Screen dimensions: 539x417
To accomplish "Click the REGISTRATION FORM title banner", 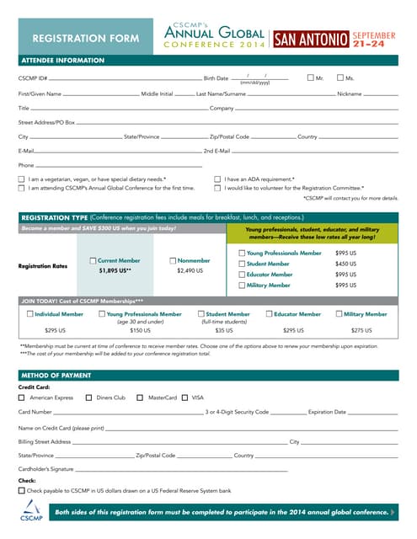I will coord(85,38).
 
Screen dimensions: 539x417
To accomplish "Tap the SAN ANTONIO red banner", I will coord(311,39).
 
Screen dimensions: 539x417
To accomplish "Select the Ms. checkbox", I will coord(339,77).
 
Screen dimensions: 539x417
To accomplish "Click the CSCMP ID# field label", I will coord(33,78).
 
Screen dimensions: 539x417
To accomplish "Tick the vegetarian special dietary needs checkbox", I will coord(22,179).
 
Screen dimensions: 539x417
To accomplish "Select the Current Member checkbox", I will coord(93,261).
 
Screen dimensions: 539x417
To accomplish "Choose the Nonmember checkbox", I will coord(172,261).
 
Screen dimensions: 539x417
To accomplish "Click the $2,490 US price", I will coord(190,271).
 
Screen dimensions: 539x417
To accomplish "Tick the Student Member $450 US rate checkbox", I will coord(241,264).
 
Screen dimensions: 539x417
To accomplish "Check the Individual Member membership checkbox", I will coord(29,314).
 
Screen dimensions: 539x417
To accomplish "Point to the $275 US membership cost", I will coord(361,330).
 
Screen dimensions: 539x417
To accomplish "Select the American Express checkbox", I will coord(22,398).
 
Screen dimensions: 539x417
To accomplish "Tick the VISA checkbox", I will coord(184,398).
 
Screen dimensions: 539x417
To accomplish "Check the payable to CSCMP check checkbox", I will coord(22,490).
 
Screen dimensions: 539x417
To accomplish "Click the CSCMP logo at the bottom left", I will coord(30,510).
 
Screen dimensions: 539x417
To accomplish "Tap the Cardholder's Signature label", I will coord(46,468).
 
